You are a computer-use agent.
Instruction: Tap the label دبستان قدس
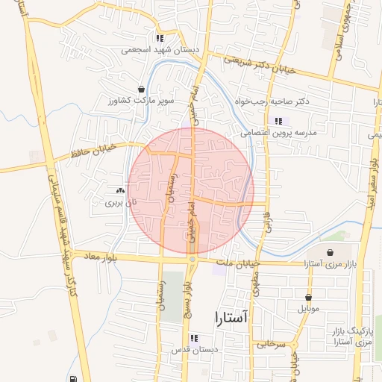pyautogui.click(x=194, y=349)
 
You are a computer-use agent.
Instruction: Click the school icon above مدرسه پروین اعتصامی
pyautogui.click(x=278, y=121)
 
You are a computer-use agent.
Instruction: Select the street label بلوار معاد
pyautogui.click(x=95, y=256)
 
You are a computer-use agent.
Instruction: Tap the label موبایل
pyautogui.click(x=308, y=307)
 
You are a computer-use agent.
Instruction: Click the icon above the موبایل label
pyautogui.click(x=308, y=297)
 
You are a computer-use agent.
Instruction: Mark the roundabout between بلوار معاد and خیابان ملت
pyautogui.click(x=192, y=260)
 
